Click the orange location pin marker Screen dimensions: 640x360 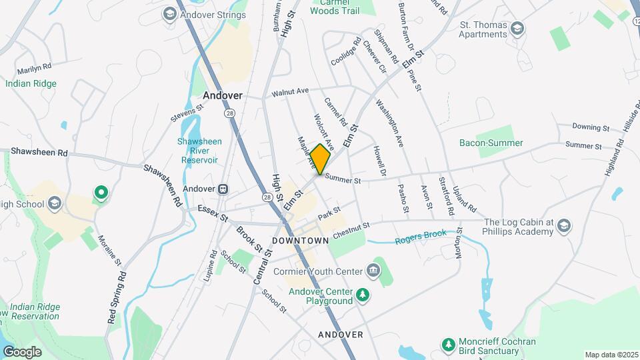pos(321,159)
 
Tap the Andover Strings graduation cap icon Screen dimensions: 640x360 pos(170,14)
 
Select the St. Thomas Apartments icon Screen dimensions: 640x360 pos(518,29)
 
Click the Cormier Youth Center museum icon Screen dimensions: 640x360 pos(373,271)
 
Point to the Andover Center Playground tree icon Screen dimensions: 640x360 pos(362,294)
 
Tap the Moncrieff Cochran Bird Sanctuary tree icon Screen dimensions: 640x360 pos(449,345)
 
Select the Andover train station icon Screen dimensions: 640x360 pos(223,189)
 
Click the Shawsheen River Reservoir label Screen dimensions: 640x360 pos(197,151)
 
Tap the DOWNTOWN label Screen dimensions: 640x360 pos(301,240)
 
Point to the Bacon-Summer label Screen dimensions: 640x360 pos(491,143)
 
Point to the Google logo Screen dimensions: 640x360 pos(23,351)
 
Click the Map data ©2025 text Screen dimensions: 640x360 pos(610,355)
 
